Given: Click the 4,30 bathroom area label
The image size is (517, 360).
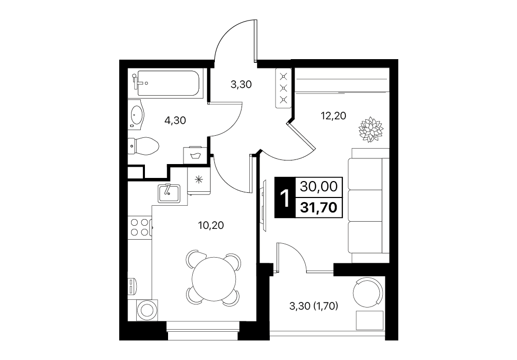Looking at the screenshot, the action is coord(175,120).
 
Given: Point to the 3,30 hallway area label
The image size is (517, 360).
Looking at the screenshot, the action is coord(241,84).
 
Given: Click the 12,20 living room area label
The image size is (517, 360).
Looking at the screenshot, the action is coord(334,116).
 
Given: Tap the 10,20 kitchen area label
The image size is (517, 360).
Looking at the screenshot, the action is coord(211,225).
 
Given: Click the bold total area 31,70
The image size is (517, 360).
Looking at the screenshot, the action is coord(319,208).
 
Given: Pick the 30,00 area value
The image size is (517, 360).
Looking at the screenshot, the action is coord(319,187).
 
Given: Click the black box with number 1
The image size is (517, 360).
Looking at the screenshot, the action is coord(285,197).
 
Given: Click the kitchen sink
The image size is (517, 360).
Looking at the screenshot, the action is coord(169,193).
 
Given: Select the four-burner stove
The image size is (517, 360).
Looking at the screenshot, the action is coord(139,227).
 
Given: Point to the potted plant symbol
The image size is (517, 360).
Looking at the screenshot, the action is coord(371,130).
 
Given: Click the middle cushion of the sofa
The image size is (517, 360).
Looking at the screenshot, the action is coord(365,206).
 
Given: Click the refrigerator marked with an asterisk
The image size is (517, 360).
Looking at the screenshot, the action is coord(198,180).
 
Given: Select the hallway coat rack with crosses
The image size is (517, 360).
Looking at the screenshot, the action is coord(283,88).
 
